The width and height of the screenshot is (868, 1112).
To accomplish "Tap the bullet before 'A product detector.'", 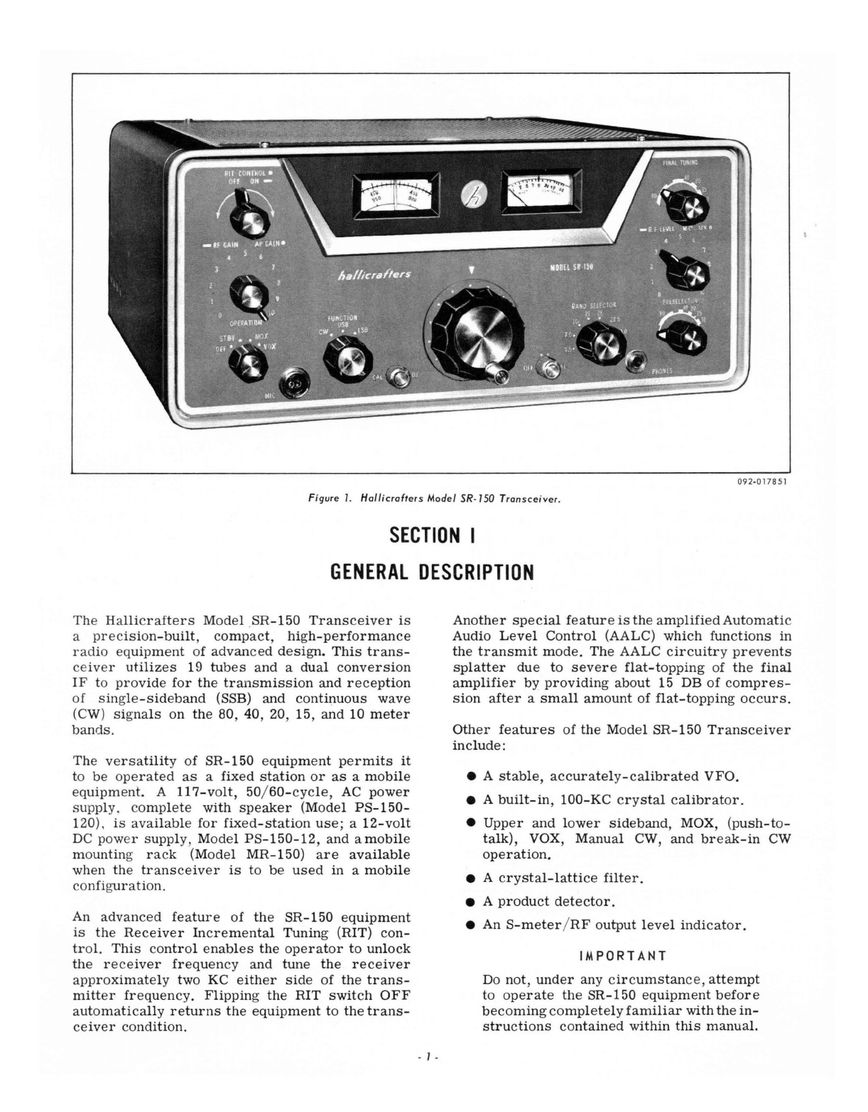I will click(x=470, y=902).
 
